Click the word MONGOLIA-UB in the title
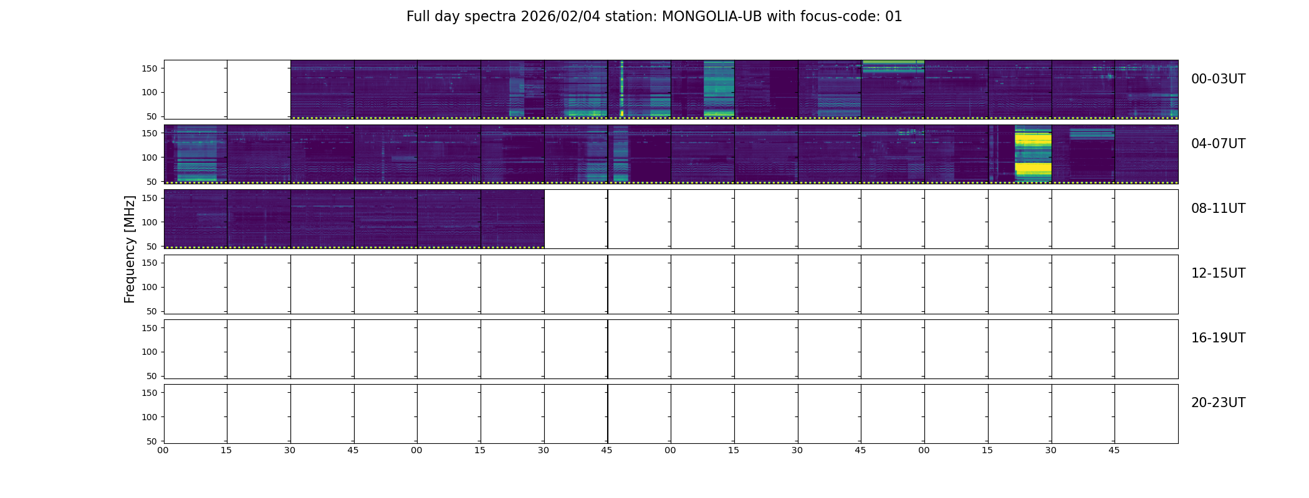712,17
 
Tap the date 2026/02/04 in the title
560,17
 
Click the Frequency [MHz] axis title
130,249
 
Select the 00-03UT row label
1218,79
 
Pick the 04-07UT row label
1218,144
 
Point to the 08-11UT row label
1218,209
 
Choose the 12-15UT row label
1218,273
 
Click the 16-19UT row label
1218,338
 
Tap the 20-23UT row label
1218,403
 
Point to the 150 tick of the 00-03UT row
150,68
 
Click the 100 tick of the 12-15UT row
150,287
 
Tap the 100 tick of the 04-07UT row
150,157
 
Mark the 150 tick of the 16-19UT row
150,328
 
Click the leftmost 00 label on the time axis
163,450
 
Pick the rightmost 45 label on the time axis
1114,450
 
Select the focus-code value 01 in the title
893,17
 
